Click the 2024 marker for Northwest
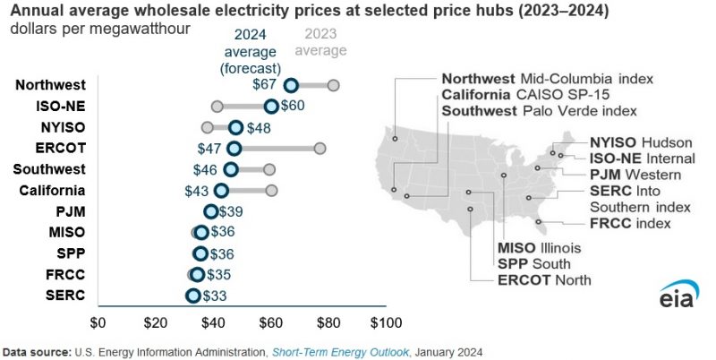click(x=291, y=85)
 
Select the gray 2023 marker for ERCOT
click(x=320, y=149)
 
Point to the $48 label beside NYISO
click(x=259, y=127)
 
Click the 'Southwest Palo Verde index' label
click(x=539, y=111)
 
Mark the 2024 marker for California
click(x=222, y=191)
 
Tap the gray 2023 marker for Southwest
click(x=268, y=169)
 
